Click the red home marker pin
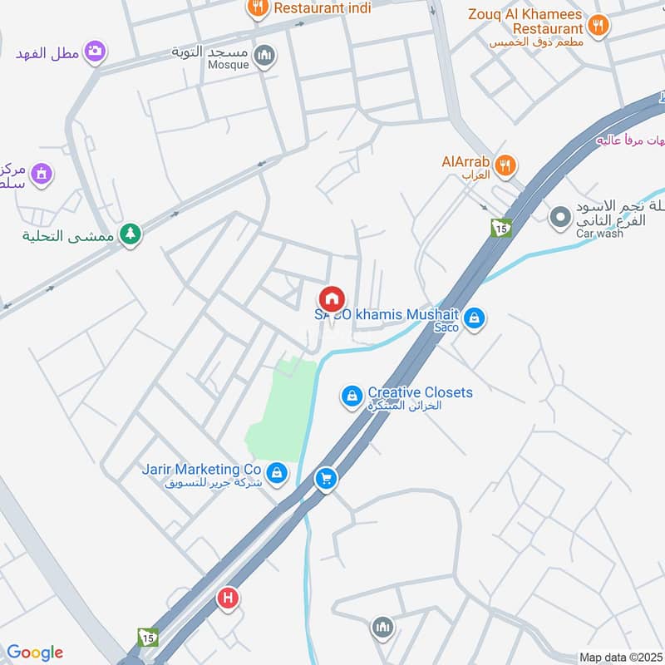point(331,298)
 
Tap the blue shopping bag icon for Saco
point(474,318)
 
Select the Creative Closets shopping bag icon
point(352,397)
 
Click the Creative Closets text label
point(420,392)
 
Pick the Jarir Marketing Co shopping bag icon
point(277,474)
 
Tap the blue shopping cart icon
point(326,478)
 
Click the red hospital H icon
point(227,598)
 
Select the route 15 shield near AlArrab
point(500,227)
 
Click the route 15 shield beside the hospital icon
point(147,637)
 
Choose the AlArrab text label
point(465,161)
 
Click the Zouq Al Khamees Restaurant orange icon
point(598,24)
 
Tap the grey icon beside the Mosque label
point(264,56)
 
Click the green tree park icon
point(130,234)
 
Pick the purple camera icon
point(96,52)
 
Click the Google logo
point(35,653)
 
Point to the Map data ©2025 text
point(620,658)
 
